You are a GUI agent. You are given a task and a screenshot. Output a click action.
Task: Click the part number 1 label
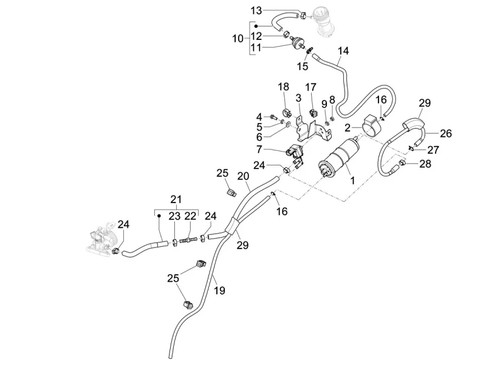[x=350, y=180]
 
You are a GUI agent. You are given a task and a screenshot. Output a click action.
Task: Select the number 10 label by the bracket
[x=237, y=38]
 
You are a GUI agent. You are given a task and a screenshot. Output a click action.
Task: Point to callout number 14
[x=343, y=51]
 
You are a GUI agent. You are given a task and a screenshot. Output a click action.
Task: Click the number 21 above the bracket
[x=176, y=199]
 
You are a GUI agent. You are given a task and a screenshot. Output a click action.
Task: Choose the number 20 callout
[x=243, y=176]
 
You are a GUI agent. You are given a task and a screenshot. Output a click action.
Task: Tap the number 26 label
[x=447, y=133]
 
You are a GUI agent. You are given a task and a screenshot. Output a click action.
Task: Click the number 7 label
[x=259, y=149]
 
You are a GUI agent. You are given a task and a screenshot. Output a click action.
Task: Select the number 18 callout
[x=284, y=87]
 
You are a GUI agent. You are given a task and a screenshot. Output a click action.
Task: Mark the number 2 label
[x=348, y=128]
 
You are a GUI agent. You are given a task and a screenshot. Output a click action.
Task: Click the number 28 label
[x=424, y=164]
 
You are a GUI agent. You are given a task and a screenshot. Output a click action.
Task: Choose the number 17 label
[x=310, y=87]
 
